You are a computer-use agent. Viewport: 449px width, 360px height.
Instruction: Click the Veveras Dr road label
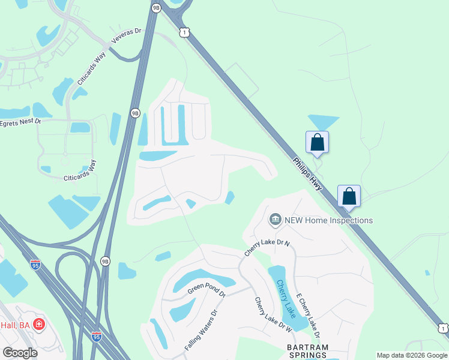click(x=125, y=37)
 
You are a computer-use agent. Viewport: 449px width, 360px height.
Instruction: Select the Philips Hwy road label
click(x=307, y=174)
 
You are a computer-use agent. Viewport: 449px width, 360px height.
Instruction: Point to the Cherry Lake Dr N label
click(x=267, y=248)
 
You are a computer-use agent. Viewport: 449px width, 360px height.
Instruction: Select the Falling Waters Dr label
click(x=200, y=330)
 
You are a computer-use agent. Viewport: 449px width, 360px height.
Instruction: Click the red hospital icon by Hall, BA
click(x=40, y=325)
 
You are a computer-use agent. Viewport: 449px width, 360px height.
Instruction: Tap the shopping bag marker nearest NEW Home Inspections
click(x=349, y=196)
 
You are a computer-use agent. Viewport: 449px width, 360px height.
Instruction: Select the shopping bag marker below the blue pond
click(x=317, y=143)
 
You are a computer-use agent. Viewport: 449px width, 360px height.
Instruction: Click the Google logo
click(x=20, y=352)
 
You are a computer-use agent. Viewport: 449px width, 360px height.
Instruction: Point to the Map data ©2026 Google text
click(x=412, y=355)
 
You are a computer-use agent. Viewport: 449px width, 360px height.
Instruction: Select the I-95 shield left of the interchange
click(x=36, y=265)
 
